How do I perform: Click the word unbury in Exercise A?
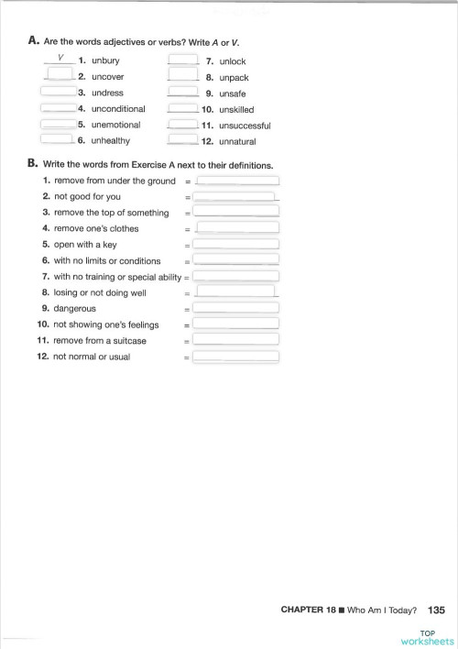106,61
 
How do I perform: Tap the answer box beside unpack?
183,78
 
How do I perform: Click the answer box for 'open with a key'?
235,245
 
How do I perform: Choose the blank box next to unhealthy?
58,140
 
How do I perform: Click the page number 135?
436,609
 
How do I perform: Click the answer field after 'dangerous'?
235,309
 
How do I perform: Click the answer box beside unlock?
183,61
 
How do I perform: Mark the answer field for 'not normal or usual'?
235,357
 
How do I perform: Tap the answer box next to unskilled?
183,109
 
